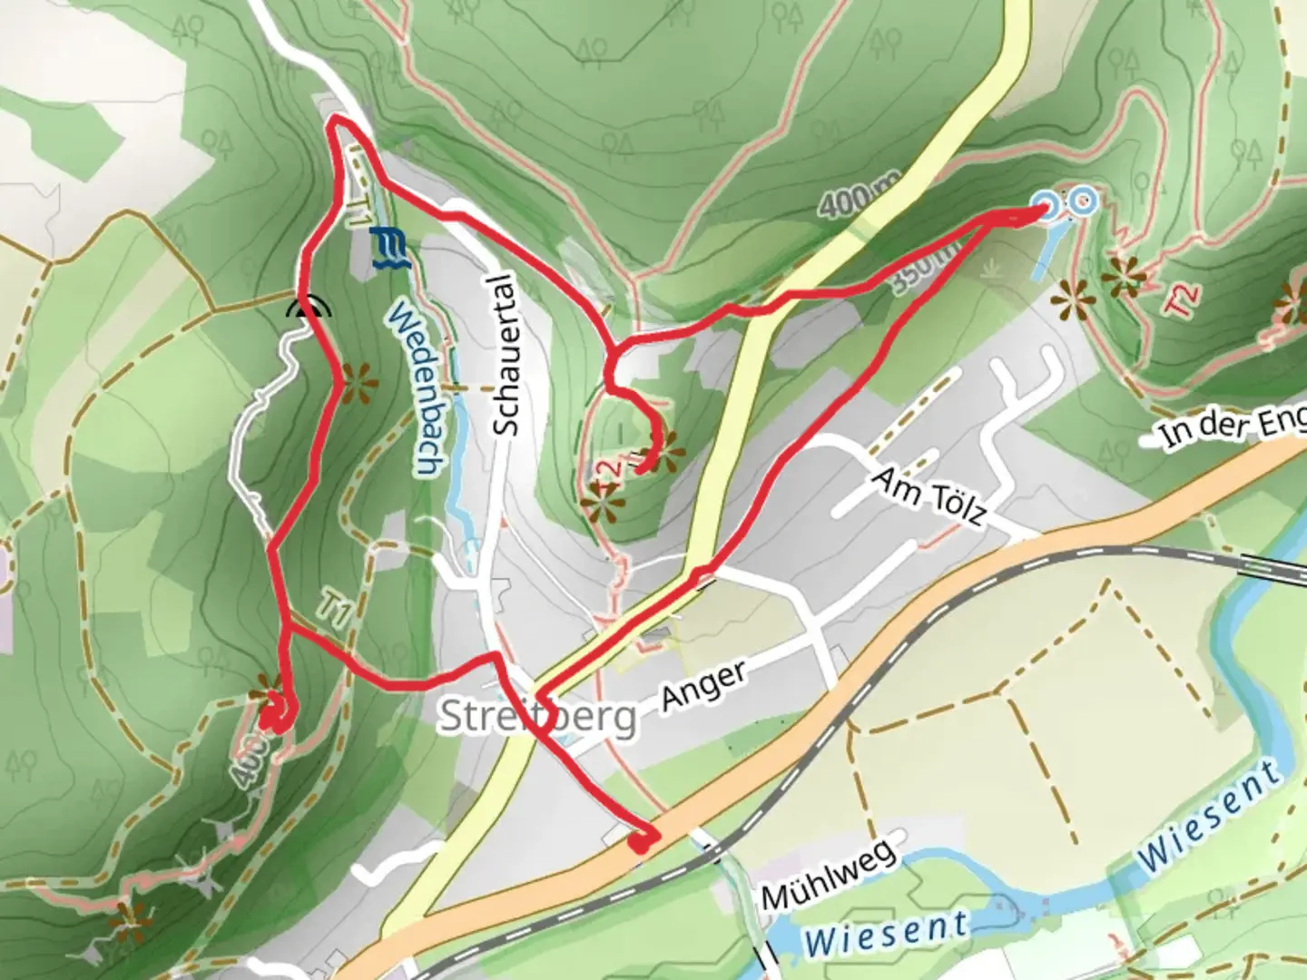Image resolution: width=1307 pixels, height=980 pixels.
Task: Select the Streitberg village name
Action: tap(537, 717)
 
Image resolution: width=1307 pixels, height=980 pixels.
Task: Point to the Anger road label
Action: tap(703, 685)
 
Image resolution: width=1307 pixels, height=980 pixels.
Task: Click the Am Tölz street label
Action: tap(929, 497)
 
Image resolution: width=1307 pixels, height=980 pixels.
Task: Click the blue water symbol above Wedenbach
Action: tap(390, 249)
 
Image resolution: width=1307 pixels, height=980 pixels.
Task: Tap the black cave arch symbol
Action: tap(309, 309)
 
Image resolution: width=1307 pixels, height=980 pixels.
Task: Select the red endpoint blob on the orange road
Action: tap(641, 842)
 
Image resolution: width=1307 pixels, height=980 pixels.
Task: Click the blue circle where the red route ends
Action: tap(1047, 206)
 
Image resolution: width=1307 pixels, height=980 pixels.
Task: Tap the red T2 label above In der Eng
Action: tap(1184, 299)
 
